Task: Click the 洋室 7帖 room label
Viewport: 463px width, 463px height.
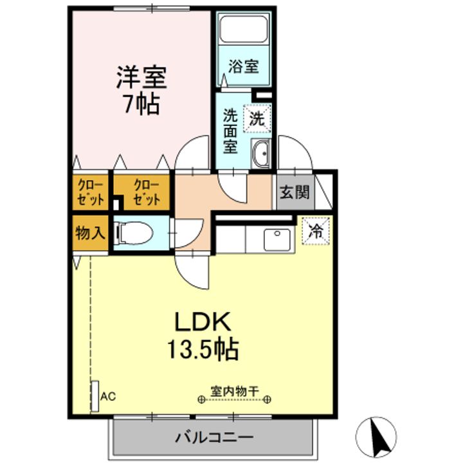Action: (141, 91)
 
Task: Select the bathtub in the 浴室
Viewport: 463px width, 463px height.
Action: (244, 29)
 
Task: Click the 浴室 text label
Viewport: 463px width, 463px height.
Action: (244, 66)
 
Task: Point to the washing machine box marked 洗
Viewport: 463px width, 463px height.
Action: (257, 118)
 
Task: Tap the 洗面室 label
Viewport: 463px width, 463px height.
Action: (230, 131)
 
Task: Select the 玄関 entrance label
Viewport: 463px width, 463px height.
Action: (295, 192)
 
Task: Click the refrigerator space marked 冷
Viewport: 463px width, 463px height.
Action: (315, 232)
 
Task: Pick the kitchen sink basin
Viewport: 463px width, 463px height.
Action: (277, 240)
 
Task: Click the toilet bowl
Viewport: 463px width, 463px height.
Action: (134, 233)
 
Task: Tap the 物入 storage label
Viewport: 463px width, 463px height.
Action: (91, 233)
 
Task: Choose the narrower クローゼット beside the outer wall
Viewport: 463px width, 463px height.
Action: (91, 193)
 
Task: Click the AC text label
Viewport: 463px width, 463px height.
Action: (108, 397)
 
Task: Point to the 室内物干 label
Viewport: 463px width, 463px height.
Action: (235, 392)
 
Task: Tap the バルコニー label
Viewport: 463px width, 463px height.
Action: (214, 437)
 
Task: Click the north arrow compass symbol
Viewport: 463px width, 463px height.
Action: (376, 437)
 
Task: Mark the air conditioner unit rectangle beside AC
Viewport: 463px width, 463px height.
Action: (95, 396)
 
